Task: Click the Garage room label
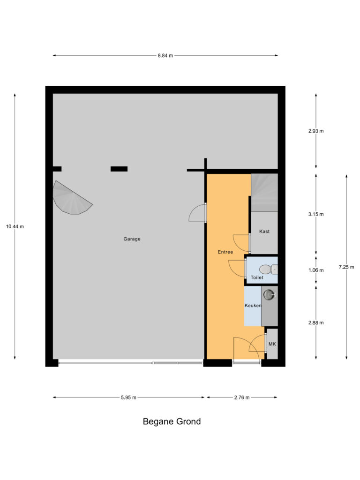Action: point(132,239)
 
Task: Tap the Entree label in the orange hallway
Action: point(225,252)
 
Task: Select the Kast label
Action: point(264,232)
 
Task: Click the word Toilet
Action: point(257,277)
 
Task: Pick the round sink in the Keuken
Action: point(269,295)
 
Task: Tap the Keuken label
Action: point(253,306)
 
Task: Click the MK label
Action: point(272,345)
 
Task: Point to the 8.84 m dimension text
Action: point(165,55)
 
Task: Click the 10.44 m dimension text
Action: point(15,226)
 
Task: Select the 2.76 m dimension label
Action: point(241,397)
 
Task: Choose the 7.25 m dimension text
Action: point(346,267)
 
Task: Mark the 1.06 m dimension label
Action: point(316,270)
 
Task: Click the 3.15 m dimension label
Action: point(316,214)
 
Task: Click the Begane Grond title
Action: point(172,421)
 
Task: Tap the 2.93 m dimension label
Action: point(316,131)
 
